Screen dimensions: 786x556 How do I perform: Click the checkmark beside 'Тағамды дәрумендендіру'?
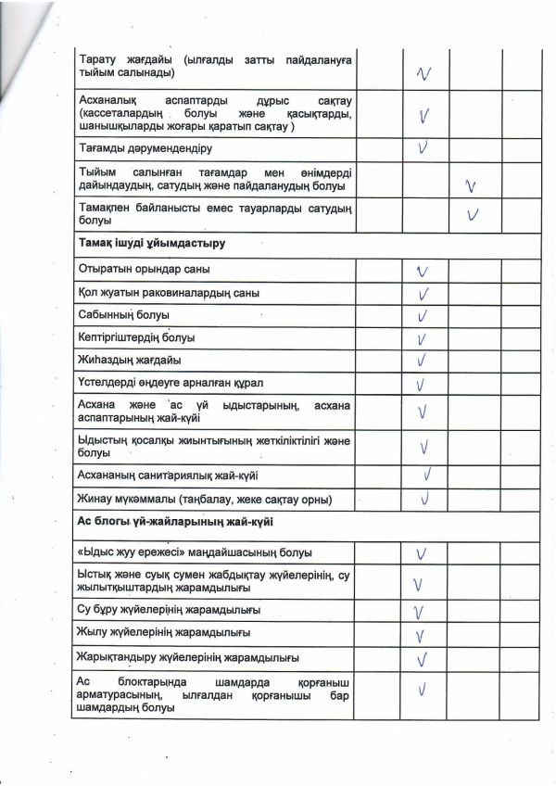point(423,146)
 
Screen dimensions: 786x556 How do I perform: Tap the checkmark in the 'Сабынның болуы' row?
point(423,316)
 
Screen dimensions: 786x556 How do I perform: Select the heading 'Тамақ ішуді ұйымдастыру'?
point(153,244)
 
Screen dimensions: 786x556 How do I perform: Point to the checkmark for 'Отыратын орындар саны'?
point(423,272)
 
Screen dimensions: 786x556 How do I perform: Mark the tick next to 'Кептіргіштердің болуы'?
point(423,338)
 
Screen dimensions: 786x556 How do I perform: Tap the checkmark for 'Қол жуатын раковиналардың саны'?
point(423,294)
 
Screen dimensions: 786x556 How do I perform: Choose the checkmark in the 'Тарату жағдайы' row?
point(425,72)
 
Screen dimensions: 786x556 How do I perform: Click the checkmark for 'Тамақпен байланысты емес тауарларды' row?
point(474,215)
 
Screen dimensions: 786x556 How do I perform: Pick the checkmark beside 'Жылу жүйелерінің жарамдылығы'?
point(422,635)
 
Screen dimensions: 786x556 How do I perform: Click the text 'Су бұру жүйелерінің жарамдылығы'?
point(169,610)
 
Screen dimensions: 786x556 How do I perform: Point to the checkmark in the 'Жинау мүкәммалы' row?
point(426,500)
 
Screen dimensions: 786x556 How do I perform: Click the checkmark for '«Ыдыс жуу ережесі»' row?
point(422,553)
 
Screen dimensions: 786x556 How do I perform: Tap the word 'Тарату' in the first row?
point(99,59)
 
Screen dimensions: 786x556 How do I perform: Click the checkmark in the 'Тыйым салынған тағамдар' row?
point(472,185)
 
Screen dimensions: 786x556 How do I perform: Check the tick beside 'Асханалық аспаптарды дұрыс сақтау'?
point(423,116)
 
